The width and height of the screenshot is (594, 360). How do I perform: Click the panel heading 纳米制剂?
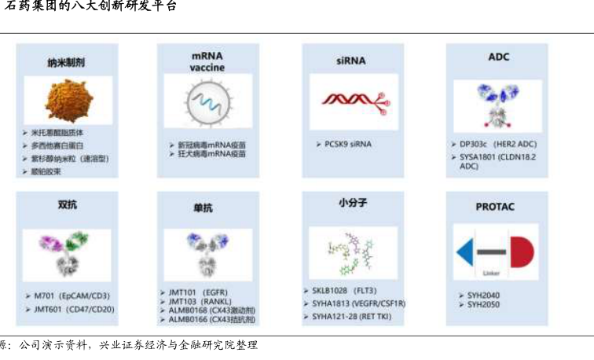tap(66, 61)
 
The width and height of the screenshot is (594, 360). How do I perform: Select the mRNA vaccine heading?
tap(207, 61)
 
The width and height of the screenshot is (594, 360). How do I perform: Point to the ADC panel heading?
tap(498, 57)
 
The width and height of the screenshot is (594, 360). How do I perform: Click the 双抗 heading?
tap(67, 204)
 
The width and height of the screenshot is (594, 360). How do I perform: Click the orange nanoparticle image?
tap(67, 101)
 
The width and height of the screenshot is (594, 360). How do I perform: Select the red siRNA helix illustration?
tap(352, 101)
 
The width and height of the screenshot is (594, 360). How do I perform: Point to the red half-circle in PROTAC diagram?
tap(521, 252)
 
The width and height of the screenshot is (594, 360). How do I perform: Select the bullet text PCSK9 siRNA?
tap(348, 144)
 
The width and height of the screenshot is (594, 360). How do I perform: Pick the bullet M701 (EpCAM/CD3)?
tap(71, 296)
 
